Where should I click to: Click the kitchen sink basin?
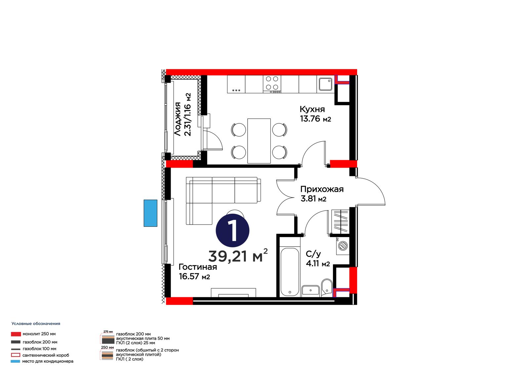click(325, 84)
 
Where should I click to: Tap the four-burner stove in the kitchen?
click(272, 84)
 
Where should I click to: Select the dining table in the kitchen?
click(259, 141)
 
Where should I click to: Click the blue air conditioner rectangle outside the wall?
click(150, 213)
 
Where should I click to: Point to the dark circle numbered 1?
click(232, 230)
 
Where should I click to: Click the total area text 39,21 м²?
click(238, 256)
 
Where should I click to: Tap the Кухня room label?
click(312, 109)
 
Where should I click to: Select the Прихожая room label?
click(322, 189)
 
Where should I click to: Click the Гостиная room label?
click(198, 267)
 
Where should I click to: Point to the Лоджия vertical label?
click(178, 119)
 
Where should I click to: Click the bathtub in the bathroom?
click(290, 272)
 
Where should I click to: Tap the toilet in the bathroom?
click(327, 287)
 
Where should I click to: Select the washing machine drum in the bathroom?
click(343, 246)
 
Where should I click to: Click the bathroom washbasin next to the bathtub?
click(310, 290)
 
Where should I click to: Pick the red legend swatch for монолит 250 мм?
click(16, 334)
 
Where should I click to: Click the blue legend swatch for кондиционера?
click(15, 361)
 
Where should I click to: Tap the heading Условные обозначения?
click(36, 324)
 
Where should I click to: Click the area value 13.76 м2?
click(315, 119)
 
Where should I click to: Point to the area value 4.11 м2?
click(318, 263)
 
